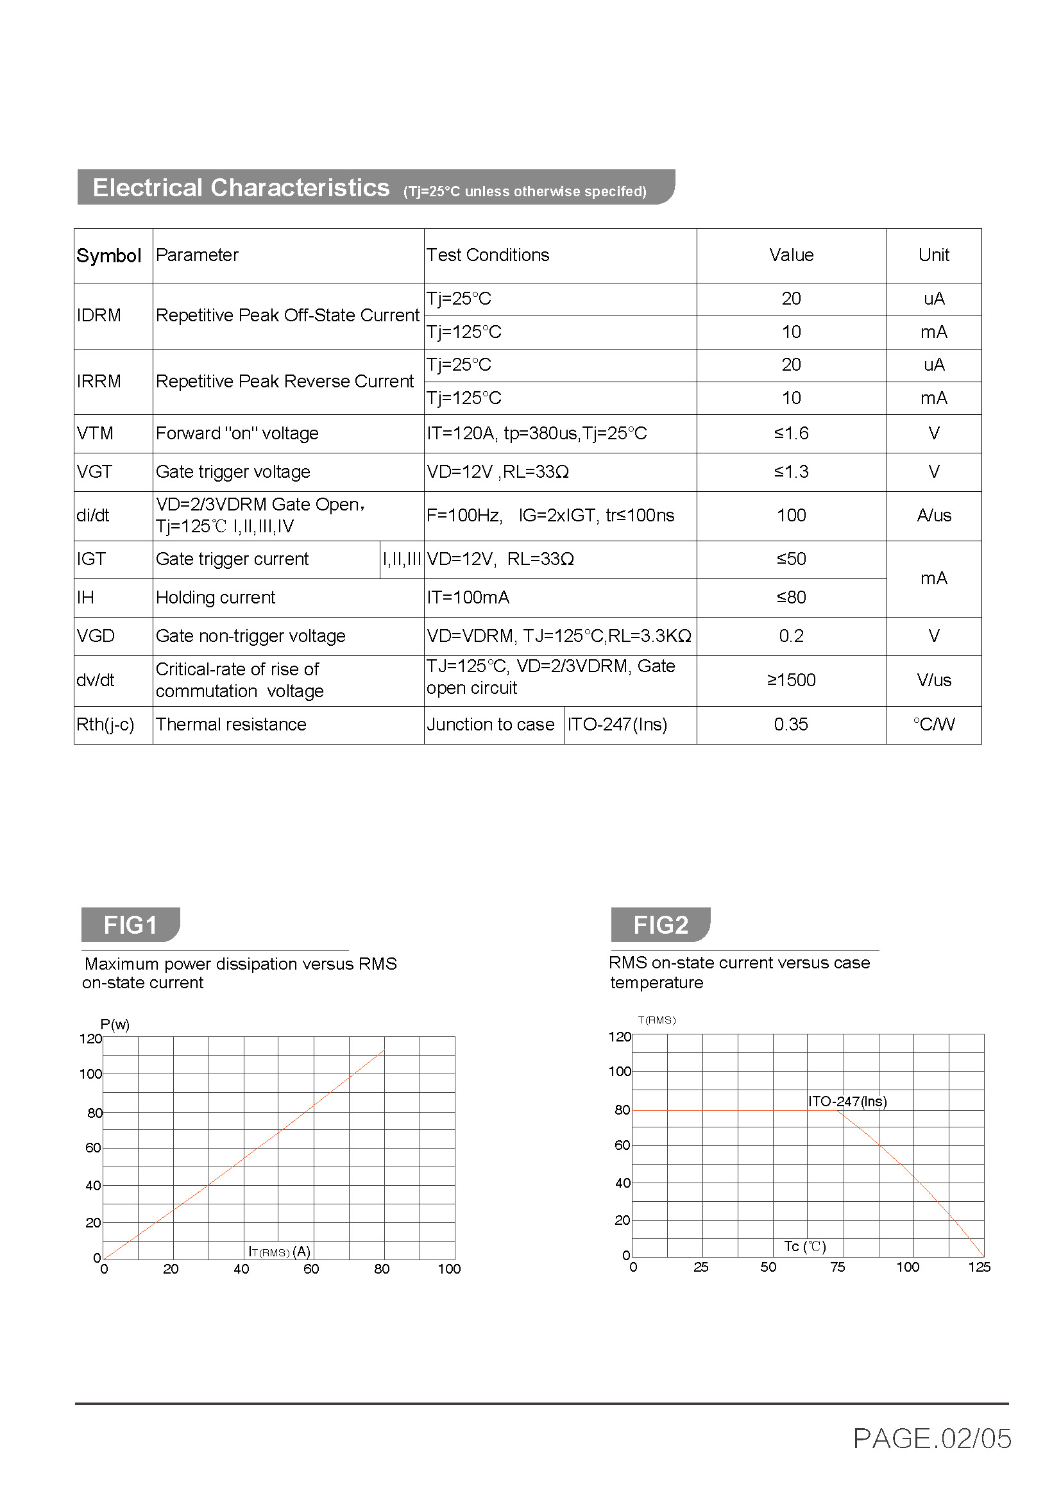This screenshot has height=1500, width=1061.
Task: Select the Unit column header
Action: point(933,255)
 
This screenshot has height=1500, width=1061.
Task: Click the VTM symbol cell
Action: point(96,433)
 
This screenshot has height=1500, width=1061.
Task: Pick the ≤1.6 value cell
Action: point(790,433)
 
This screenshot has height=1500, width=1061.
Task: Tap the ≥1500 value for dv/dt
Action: point(790,680)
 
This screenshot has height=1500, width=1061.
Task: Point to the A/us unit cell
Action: point(933,516)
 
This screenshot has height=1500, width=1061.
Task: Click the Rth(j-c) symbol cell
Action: point(105,725)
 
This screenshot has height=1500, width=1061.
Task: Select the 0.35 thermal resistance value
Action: point(790,725)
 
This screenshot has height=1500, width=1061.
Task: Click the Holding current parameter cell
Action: point(216,598)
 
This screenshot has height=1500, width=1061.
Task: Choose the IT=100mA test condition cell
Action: point(468,598)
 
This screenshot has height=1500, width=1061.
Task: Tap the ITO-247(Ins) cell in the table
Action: point(617,725)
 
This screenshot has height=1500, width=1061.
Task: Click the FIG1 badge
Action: point(130,925)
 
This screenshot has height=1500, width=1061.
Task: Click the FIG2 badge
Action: point(660,925)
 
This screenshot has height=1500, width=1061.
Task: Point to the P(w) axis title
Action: point(115,1024)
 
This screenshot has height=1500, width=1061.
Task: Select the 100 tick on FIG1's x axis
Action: point(450,1268)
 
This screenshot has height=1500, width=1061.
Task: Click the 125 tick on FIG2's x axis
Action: point(979,1267)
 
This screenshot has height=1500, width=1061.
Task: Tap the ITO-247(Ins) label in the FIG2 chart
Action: point(847,1102)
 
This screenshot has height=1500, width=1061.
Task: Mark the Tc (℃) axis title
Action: point(805,1247)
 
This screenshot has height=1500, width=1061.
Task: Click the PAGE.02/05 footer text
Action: point(931,1438)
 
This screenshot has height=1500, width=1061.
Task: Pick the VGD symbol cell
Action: point(96,636)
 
